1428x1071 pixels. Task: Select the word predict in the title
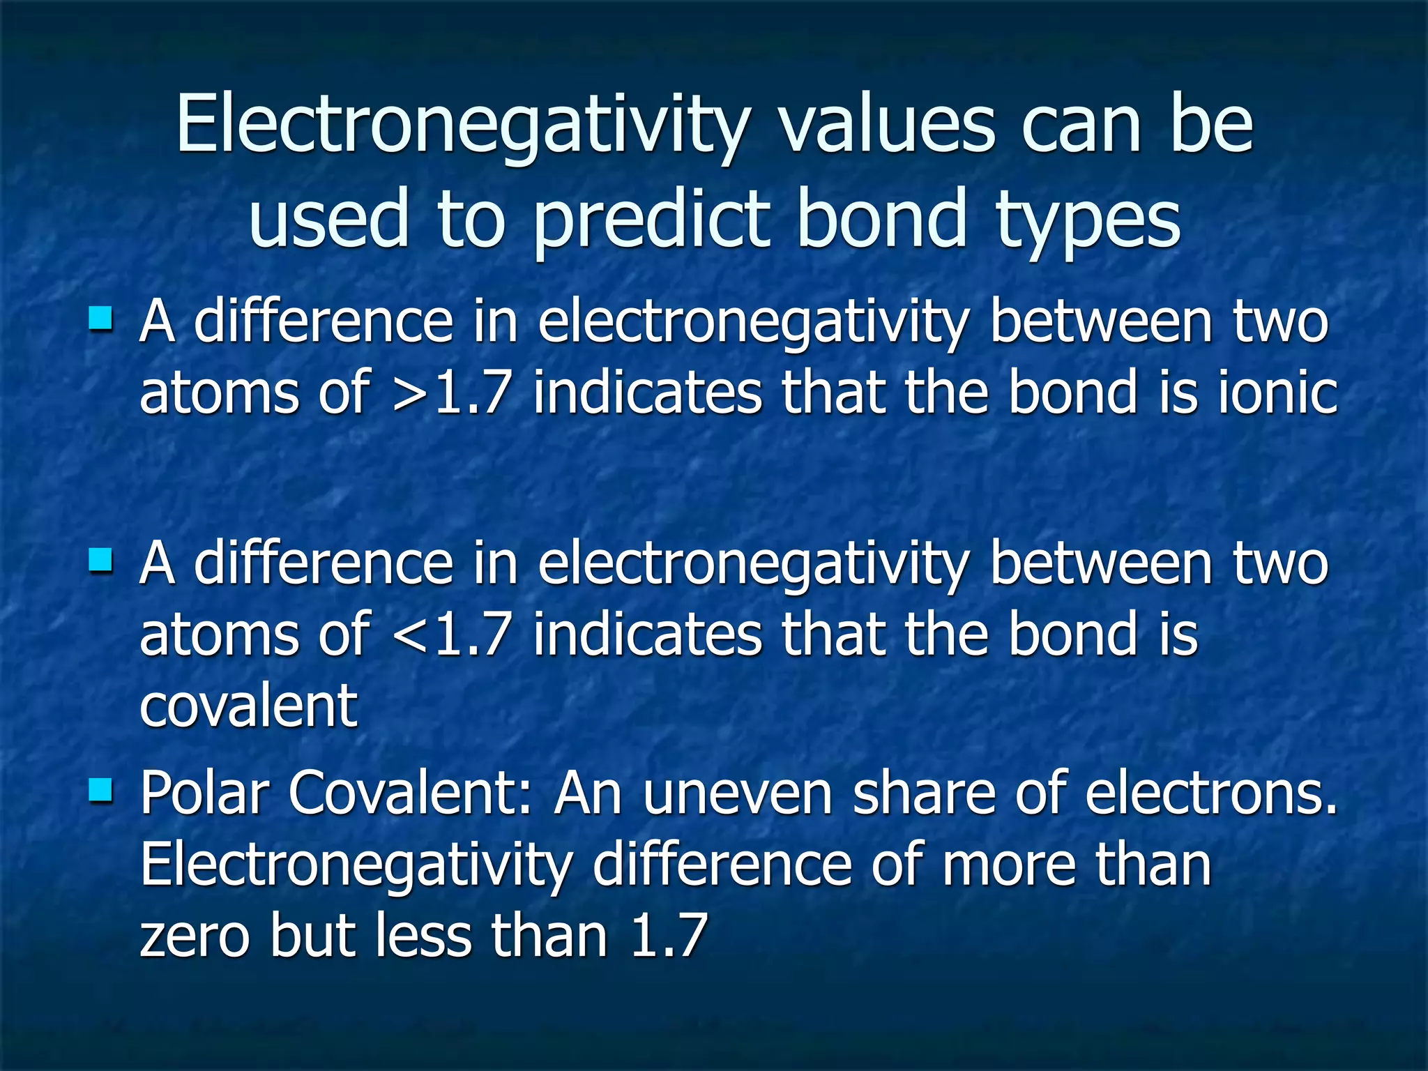(x=652, y=220)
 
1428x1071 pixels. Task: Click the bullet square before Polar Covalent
(x=100, y=791)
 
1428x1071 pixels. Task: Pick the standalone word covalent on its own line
(x=248, y=706)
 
